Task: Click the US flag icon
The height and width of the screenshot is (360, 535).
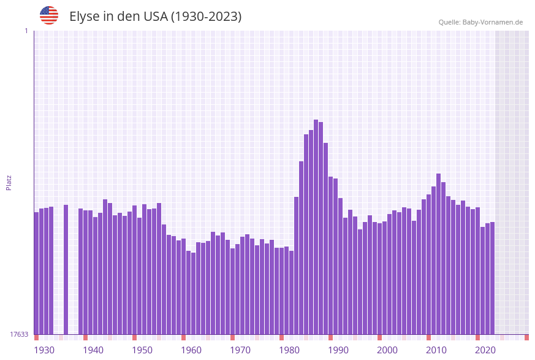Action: click(49, 15)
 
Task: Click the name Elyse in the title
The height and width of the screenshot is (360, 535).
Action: click(84, 17)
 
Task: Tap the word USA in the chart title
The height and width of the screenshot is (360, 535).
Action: click(156, 17)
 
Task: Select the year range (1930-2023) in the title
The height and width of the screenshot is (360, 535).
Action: click(206, 17)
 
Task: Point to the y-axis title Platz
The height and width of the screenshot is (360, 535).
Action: click(9, 182)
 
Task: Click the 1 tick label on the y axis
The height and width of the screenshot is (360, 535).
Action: click(26, 31)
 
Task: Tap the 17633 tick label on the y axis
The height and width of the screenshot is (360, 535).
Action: click(19, 334)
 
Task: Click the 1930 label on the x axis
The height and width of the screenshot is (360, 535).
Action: click(44, 350)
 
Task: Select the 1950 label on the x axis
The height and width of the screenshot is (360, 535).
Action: click(142, 350)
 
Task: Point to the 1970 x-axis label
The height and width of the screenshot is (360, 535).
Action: click(240, 350)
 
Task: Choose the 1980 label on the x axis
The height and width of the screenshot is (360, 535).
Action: click(289, 350)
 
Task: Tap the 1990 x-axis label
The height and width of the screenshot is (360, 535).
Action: click(338, 350)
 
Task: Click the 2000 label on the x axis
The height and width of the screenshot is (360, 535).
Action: click(387, 350)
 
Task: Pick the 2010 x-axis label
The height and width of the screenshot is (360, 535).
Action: click(436, 350)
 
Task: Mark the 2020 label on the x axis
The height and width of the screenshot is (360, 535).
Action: click(485, 350)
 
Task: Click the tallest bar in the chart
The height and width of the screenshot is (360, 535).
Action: click(316, 227)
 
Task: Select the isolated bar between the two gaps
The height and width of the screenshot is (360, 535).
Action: click(66, 270)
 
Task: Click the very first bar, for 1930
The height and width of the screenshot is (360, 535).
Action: click(37, 273)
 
